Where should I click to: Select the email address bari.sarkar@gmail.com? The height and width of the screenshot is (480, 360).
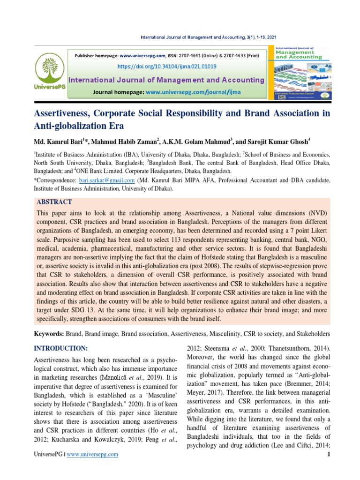pyautogui.click(x=107, y=180)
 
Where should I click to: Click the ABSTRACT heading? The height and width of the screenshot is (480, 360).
pyautogui.click(x=54, y=202)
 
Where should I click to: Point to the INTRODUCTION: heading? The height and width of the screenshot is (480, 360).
pyautogui.click(x=60, y=348)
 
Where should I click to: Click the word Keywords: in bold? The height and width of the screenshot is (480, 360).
pyautogui.click(x=50, y=333)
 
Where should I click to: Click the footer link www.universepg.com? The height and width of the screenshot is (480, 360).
pyautogui.click(x=92, y=454)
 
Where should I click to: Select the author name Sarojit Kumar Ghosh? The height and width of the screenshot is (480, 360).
pyautogui.click(x=279, y=142)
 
